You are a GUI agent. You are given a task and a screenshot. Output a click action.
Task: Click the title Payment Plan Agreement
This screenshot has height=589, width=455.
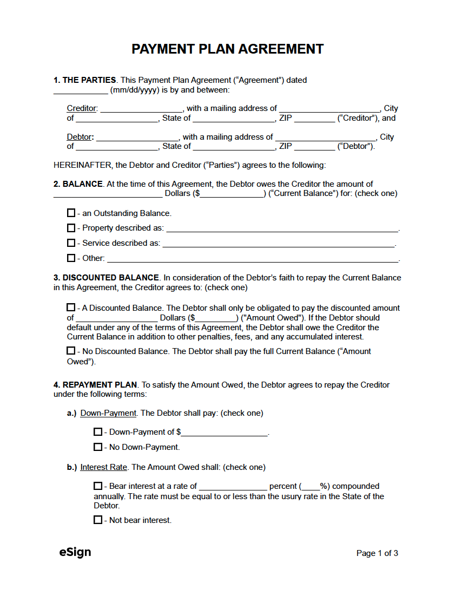(x=227, y=49)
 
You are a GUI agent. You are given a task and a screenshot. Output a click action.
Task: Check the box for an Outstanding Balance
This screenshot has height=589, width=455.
(x=71, y=213)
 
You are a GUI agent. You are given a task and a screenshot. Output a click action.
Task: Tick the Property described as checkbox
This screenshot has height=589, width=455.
(x=71, y=228)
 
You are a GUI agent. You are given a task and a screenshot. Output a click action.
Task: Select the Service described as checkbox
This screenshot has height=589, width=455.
(x=71, y=243)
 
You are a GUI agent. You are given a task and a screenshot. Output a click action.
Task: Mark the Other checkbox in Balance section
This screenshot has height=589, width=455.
(x=71, y=258)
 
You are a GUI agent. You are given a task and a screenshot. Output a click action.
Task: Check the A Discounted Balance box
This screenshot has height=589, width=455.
(x=71, y=308)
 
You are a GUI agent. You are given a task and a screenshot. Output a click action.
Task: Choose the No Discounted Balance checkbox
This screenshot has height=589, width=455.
(x=71, y=351)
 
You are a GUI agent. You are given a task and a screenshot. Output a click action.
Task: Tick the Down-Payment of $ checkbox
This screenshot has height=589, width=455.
(x=98, y=432)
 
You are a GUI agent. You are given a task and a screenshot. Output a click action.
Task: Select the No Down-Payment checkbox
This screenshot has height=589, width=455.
(x=98, y=447)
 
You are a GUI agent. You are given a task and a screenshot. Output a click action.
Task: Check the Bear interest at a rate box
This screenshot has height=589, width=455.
(x=98, y=486)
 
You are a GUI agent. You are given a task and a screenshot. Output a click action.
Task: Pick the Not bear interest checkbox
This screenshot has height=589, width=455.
(x=98, y=520)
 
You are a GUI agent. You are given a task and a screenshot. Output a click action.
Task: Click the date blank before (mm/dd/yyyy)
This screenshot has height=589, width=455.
(x=81, y=90)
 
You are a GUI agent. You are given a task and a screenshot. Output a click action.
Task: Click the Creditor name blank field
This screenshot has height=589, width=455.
(x=141, y=109)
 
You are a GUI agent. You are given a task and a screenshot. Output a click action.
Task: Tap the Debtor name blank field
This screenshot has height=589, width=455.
(x=137, y=138)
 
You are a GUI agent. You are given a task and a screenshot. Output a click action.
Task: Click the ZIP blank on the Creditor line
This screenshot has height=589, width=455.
(x=314, y=119)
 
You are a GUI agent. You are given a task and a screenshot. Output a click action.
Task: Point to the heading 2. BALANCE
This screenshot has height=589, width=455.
(x=78, y=184)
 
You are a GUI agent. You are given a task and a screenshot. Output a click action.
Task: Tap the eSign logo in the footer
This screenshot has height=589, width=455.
(x=75, y=552)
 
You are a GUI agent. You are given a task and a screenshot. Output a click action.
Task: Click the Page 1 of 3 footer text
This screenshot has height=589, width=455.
(x=377, y=553)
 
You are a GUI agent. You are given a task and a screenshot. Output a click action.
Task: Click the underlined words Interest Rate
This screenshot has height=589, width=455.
(x=104, y=467)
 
